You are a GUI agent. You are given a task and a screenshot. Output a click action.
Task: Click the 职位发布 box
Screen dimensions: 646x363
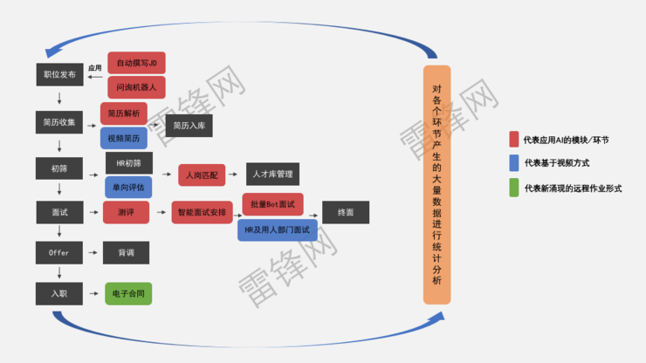coord(59,75)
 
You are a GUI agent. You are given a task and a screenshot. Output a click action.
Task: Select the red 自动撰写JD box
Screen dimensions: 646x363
coord(136,63)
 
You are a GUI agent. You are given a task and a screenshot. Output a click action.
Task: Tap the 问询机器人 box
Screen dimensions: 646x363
coord(136,87)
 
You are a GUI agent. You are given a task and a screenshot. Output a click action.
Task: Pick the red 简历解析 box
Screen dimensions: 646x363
coord(124,113)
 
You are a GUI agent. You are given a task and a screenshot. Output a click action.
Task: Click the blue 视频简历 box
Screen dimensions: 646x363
coord(124,138)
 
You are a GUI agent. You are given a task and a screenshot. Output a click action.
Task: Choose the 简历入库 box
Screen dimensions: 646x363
coord(189,126)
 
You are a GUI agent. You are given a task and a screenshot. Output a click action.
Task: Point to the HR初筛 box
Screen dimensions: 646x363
coord(128,163)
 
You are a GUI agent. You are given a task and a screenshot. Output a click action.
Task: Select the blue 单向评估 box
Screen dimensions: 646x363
coord(128,187)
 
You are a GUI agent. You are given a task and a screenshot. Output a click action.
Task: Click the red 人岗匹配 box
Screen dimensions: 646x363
coord(202,175)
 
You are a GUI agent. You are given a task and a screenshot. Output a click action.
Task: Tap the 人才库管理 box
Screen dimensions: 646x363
coord(272,175)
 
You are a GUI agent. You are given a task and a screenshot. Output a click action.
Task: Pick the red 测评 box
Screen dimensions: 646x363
coord(126,212)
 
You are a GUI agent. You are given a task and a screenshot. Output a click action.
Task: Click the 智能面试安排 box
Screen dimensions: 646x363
coord(202,212)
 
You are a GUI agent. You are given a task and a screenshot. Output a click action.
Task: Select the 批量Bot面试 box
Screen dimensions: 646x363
coord(272,204)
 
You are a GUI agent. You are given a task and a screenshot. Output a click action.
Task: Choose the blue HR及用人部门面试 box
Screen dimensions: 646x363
coord(278,229)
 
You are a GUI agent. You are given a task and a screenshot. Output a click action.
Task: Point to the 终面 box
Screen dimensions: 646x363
coord(346,212)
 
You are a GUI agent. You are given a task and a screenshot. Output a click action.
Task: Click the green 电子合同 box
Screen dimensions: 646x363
coord(128,294)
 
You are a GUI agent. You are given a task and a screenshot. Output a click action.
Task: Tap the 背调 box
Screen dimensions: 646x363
coord(126,253)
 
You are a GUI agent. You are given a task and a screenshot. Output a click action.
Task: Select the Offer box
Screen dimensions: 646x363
coord(59,253)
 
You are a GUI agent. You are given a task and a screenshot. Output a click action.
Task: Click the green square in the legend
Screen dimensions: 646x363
coord(514,188)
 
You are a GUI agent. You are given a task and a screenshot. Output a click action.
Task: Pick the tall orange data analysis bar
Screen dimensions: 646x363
coord(437,185)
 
